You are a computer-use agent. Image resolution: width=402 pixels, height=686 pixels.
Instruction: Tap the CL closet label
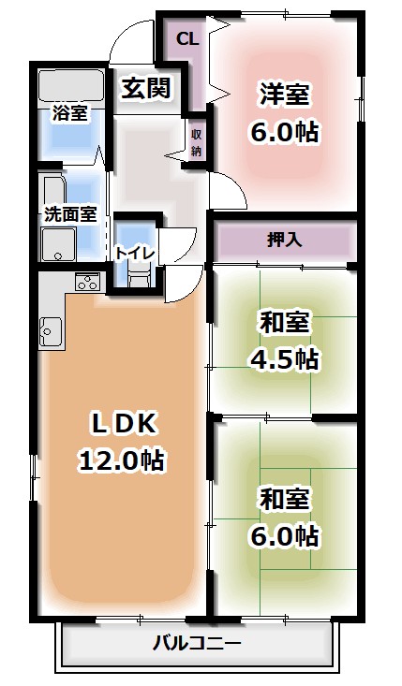pos(187,39)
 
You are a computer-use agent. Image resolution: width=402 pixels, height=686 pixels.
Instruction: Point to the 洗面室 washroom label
pos(70,212)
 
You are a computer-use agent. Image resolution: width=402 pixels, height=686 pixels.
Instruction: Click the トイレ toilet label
pos(136,251)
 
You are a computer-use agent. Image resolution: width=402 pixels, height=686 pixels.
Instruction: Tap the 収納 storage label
pos(197,141)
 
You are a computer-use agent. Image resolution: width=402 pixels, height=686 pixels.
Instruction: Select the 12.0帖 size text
pos(122,460)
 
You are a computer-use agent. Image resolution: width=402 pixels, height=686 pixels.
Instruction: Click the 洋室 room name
pos(284,95)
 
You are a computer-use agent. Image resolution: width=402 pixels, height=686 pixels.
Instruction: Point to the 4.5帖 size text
pos(283,358)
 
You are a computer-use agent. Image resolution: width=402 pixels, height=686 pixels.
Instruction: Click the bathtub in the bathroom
pos(72,86)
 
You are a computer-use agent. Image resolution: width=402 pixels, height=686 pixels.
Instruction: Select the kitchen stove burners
pos(87,282)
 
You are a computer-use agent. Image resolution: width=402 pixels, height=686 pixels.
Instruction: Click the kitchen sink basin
pos(51,331)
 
